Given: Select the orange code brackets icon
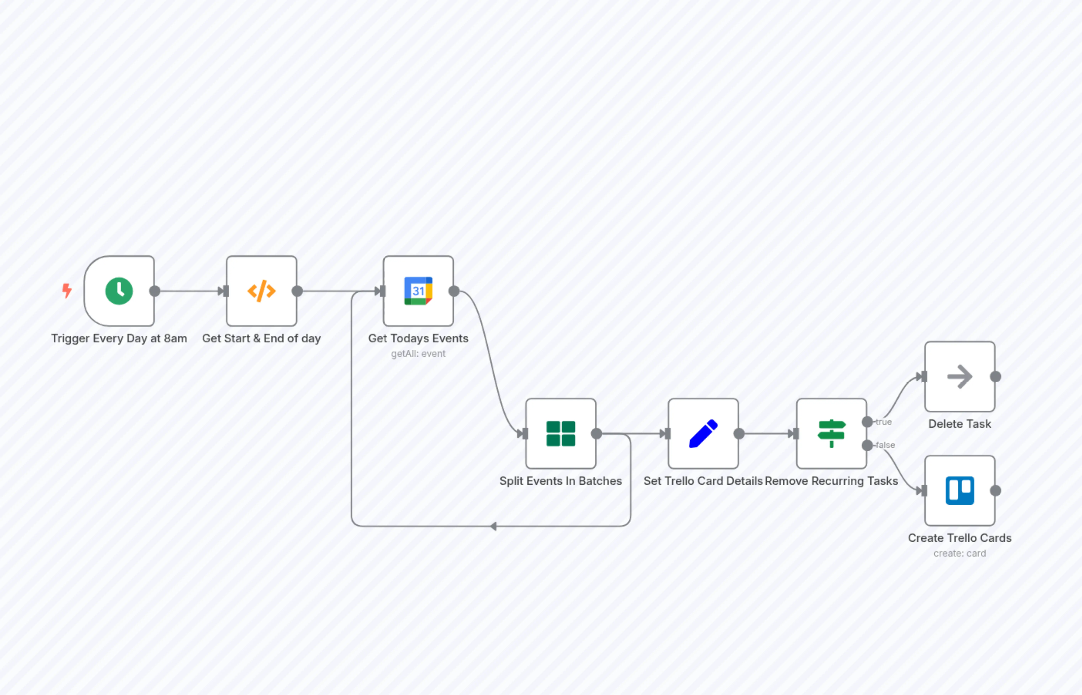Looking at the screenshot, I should click(x=261, y=291).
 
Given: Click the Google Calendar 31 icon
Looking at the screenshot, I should click(x=418, y=291).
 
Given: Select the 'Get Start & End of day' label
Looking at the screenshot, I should click(x=261, y=338).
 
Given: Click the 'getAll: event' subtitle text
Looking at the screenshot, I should click(x=418, y=354).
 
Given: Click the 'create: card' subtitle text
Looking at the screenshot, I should click(x=960, y=553).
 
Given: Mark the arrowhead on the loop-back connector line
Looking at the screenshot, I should click(x=494, y=526).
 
